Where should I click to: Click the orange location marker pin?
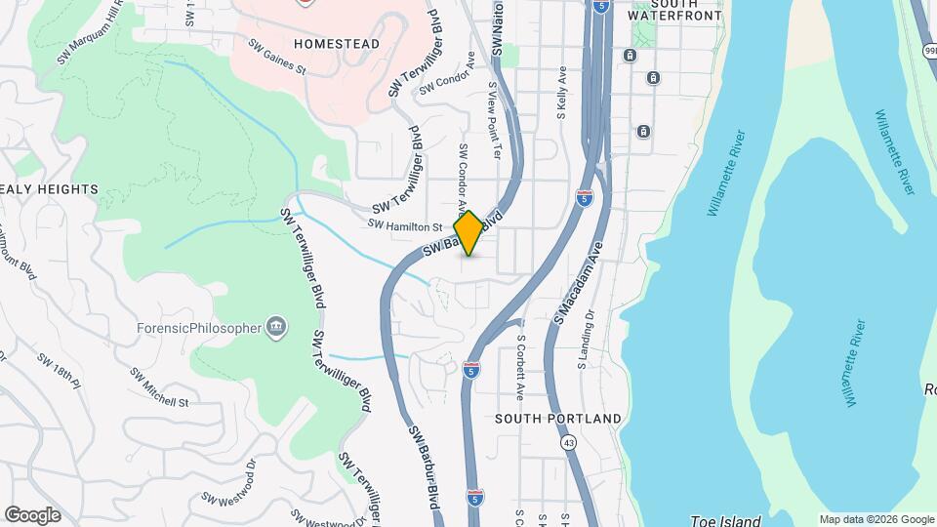(x=468, y=233)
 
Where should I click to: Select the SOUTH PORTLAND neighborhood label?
(x=557, y=419)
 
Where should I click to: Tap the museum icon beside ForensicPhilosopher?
(x=276, y=327)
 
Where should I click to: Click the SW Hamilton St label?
(x=404, y=225)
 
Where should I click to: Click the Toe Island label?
(x=717, y=519)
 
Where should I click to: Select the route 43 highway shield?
(x=568, y=442)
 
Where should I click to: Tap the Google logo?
(x=32, y=515)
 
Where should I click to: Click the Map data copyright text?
(x=876, y=519)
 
